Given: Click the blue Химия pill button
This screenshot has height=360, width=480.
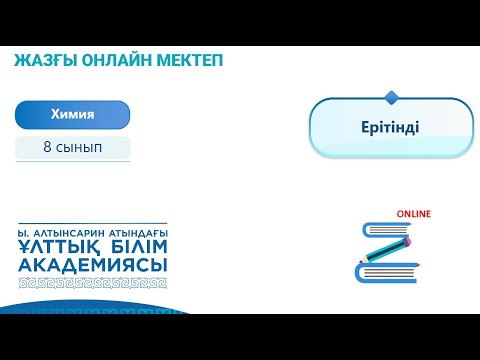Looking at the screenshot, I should [x=72, y=115].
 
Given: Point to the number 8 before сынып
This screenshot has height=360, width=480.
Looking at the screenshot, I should [x=47, y=147].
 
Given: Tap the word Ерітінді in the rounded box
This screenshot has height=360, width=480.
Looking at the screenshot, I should [x=390, y=128].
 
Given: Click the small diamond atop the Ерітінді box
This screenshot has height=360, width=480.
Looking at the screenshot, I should [x=391, y=97].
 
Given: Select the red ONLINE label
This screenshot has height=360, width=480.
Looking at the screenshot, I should [x=413, y=214].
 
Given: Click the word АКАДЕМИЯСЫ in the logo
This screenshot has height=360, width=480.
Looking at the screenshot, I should [x=93, y=265].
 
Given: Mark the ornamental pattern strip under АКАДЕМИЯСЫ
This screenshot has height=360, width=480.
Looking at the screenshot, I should [x=93, y=282].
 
